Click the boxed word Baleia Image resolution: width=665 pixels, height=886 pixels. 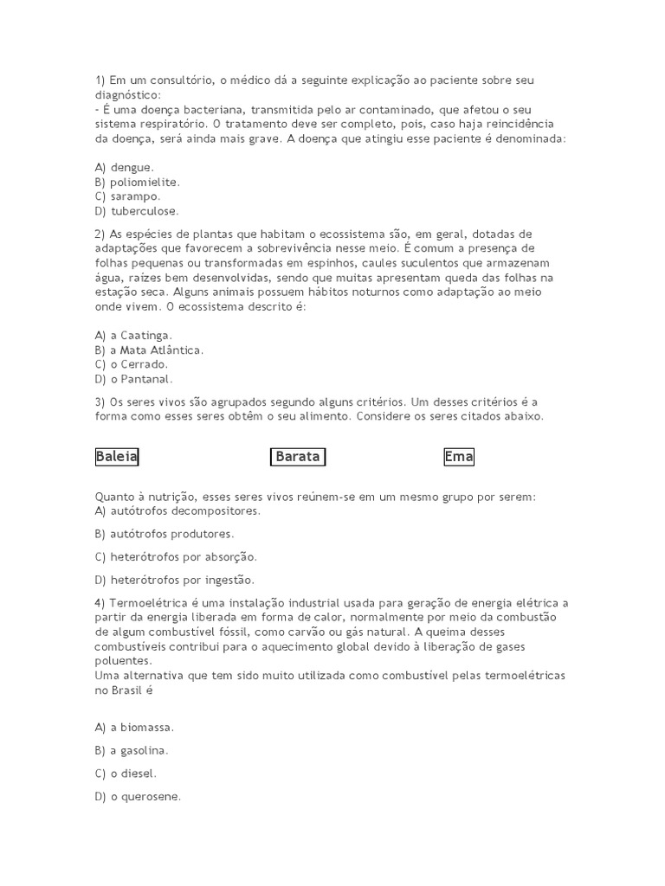click(x=117, y=457)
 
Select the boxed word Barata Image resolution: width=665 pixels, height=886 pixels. click(x=298, y=457)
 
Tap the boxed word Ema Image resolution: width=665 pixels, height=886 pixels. click(x=459, y=457)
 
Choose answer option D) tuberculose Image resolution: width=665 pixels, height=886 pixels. click(x=137, y=211)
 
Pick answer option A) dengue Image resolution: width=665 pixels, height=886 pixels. click(x=125, y=167)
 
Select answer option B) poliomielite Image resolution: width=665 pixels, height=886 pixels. click(x=137, y=182)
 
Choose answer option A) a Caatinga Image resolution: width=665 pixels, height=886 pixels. click(x=134, y=335)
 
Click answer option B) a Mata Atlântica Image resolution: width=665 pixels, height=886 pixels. click(x=149, y=350)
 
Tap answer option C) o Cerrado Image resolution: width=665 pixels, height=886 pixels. click(x=132, y=364)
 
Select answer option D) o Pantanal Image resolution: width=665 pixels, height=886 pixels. click(x=134, y=379)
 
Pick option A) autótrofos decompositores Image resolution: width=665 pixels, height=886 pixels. click(x=165, y=511)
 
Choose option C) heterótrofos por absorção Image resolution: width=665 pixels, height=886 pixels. click(x=176, y=557)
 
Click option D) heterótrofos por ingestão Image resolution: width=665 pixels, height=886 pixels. click(x=175, y=581)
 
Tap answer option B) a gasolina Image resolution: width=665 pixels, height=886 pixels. click(x=132, y=751)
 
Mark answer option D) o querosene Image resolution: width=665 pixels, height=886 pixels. click(x=138, y=798)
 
